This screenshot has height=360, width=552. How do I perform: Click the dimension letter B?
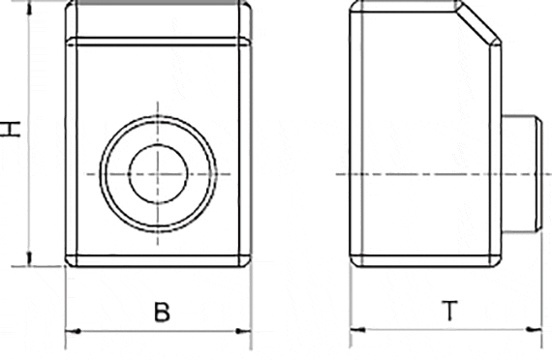162,312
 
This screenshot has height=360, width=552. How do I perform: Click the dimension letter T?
450,311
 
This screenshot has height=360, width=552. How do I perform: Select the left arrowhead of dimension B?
74,331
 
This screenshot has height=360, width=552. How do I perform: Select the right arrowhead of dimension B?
244,331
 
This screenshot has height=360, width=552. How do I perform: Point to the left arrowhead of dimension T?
358,330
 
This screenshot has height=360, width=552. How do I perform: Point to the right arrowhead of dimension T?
534,330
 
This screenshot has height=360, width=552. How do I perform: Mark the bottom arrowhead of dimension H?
30,258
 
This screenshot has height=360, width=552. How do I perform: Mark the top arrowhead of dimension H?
30,8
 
